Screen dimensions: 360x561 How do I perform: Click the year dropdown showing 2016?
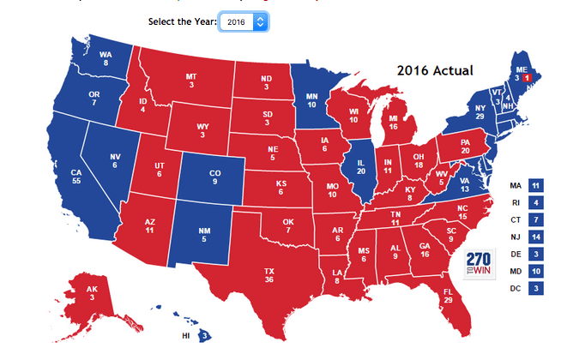pos(244,21)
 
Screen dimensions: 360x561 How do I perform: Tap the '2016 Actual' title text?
pos(436,70)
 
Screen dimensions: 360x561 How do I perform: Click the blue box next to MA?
pos(535,185)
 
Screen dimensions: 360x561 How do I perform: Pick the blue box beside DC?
pos(535,288)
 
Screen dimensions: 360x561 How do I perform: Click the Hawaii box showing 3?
pos(205,335)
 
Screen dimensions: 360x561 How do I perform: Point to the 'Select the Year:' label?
pos(182,21)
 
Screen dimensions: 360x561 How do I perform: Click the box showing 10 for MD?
pos(535,271)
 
